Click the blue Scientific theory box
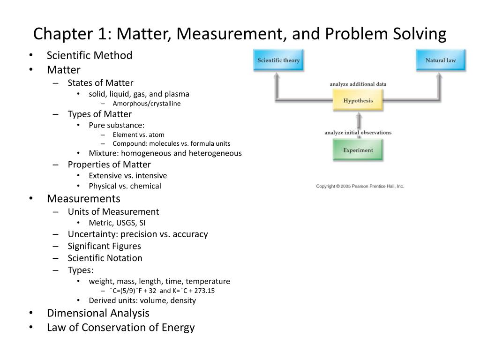[278, 60]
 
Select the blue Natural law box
[441, 60]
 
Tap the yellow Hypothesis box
[358, 101]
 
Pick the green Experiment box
[358, 150]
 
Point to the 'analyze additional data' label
[358, 84]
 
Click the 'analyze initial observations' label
[358, 133]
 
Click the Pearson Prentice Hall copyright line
[360, 186]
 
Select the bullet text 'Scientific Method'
[90, 55]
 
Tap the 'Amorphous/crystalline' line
[147, 104]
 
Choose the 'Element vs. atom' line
[139, 135]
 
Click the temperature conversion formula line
[163, 291]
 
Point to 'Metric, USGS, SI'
[120, 223]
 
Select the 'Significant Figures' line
[104, 246]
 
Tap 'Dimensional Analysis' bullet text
[98, 313]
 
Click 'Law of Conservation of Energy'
[120, 328]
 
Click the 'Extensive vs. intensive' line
[128, 176]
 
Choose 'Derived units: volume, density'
[142, 300]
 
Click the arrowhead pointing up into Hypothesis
[358, 114]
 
